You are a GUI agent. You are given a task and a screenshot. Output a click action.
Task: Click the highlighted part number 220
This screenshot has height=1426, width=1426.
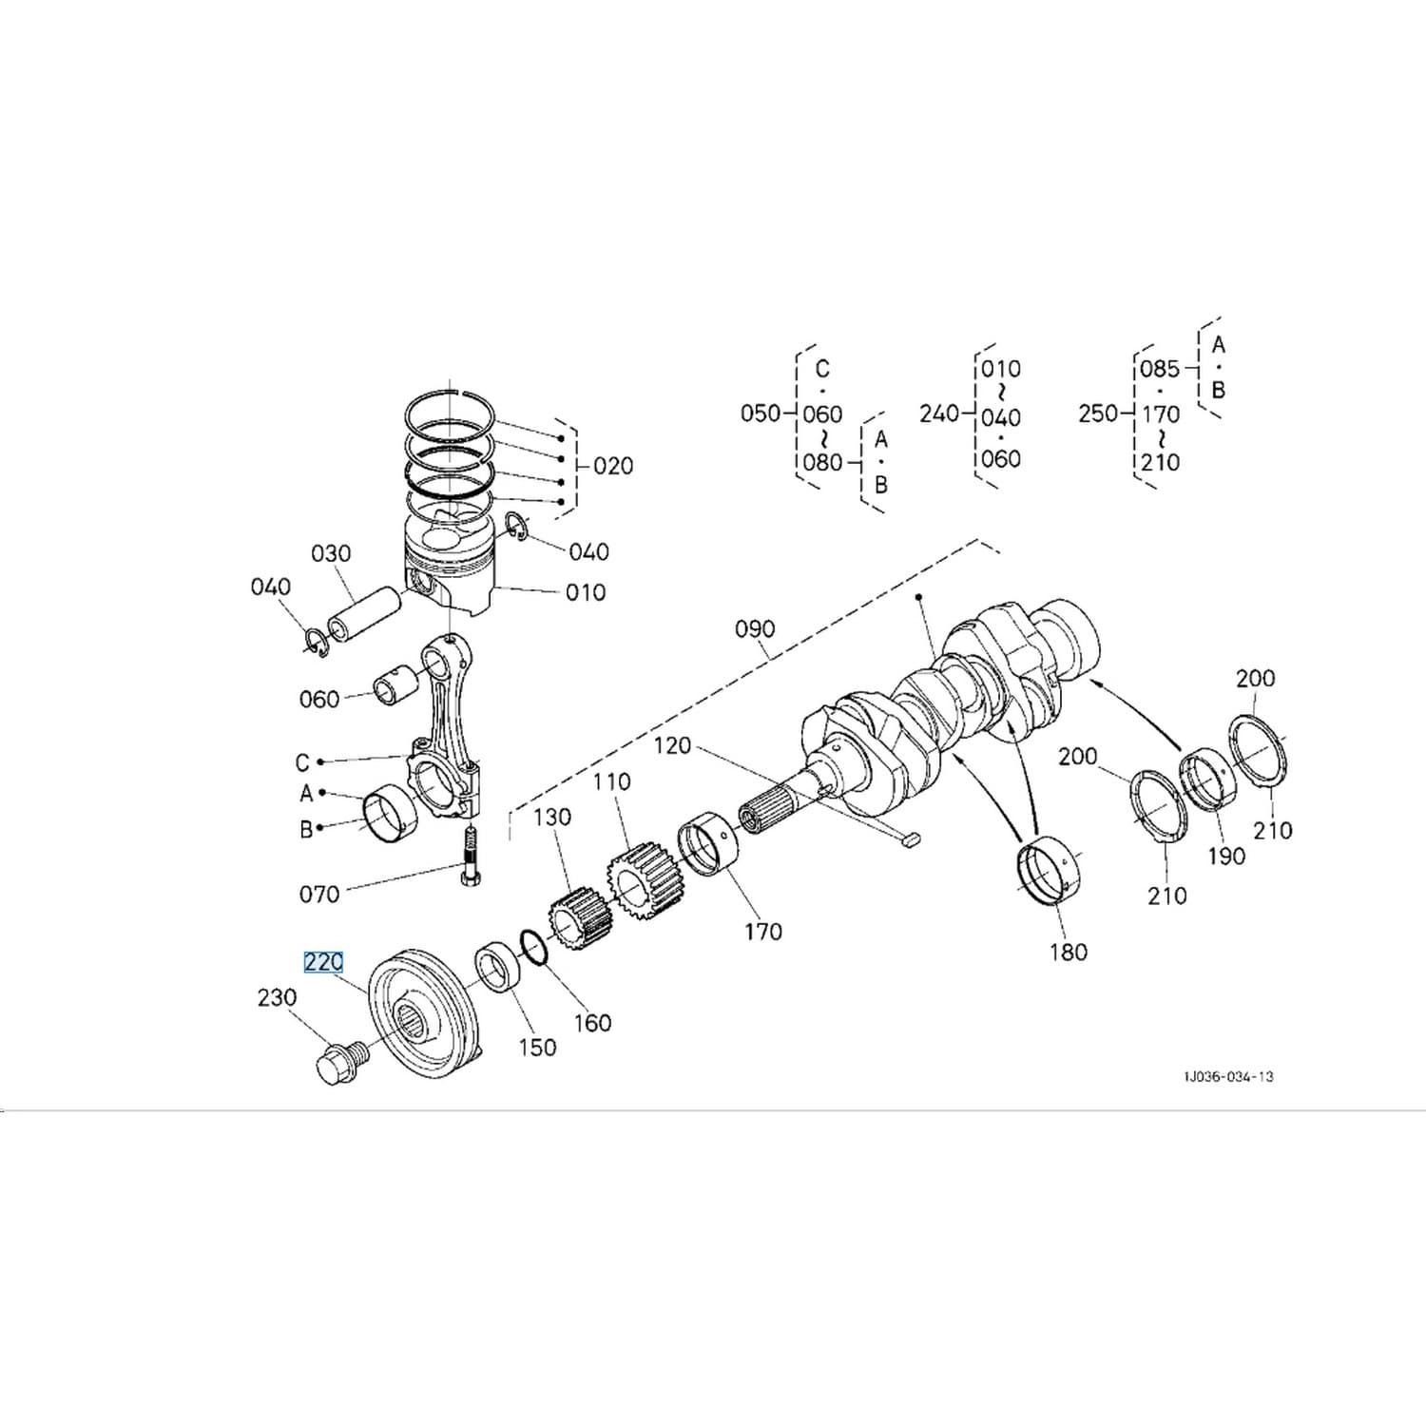(323, 962)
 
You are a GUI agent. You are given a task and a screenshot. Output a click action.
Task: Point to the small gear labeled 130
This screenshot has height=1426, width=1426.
(580, 919)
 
